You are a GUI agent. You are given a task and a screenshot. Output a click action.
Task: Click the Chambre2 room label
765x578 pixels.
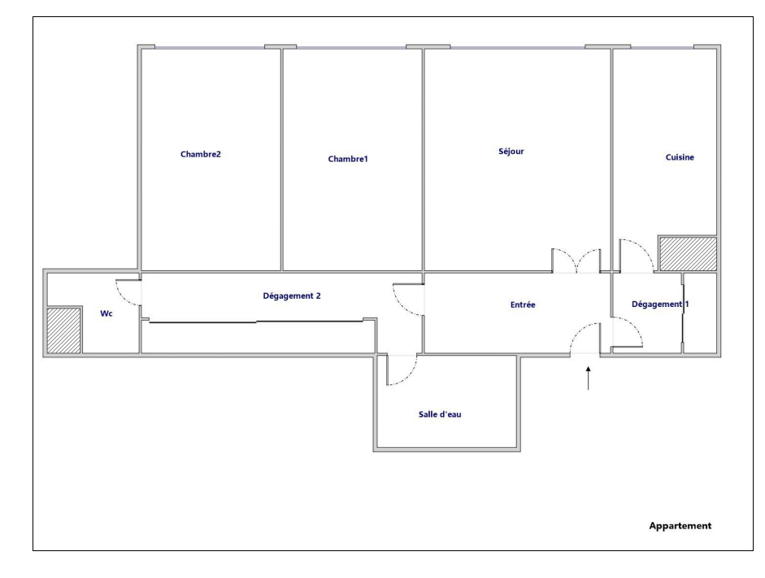(x=201, y=155)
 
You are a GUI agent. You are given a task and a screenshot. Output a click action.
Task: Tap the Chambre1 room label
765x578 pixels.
(x=348, y=159)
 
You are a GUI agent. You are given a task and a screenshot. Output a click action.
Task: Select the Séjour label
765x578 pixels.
(x=511, y=151)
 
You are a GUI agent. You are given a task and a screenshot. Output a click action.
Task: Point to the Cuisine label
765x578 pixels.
(x=680, y=157)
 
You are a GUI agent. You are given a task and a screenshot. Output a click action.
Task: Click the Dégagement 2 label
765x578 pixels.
(x=292, y=296)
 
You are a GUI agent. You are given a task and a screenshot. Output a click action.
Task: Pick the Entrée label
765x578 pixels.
(x=523, y=305)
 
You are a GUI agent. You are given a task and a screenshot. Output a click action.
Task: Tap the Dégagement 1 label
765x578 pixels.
(x=660, y=304)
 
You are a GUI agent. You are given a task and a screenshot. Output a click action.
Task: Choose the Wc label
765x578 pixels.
(x=106, y=313)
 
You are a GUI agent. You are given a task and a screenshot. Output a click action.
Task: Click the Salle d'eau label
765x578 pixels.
(x=440, y=414)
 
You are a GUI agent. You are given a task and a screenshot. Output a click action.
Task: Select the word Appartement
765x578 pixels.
(x=680, y=526)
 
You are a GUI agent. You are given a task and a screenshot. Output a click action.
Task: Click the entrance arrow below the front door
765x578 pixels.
(x=589, y=378)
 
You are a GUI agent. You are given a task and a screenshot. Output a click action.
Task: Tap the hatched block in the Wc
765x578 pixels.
(x=64, y=331)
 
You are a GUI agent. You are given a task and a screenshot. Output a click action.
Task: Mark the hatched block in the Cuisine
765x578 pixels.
(x=688, y=253)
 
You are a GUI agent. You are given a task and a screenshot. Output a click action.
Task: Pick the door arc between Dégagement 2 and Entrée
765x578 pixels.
(x=401, y=306)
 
